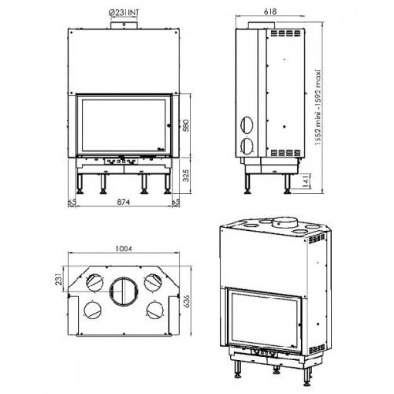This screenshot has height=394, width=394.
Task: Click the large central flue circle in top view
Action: (124, 291)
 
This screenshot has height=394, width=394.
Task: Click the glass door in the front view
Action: (124, 124)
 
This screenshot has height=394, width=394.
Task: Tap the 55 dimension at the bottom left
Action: (71, 203)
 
